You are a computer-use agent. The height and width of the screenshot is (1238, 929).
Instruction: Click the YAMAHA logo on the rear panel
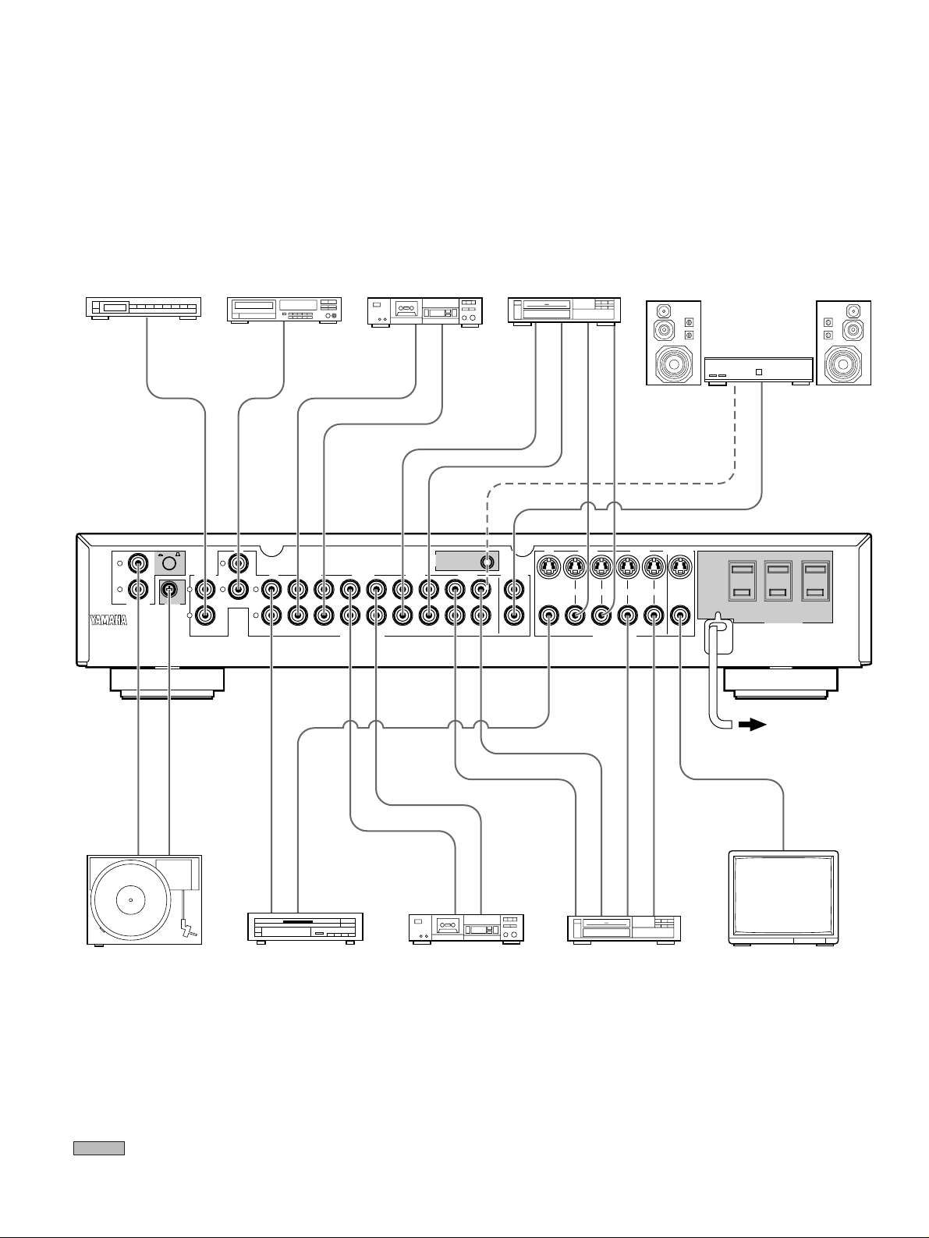[106, 622]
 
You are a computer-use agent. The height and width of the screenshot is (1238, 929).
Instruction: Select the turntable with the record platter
[144, 899]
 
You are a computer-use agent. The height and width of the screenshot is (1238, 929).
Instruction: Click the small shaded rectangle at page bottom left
[99, 1148]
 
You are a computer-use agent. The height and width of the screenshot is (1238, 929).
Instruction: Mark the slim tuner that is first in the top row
[143, 308]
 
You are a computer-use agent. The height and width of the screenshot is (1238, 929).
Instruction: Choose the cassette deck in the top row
[425, 311]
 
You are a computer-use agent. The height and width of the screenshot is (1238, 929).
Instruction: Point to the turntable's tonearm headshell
[188, 928]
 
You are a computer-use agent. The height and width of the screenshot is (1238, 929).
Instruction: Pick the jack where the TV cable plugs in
[681, 616]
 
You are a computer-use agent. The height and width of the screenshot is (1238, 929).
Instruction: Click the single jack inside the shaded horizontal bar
[488, 560]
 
